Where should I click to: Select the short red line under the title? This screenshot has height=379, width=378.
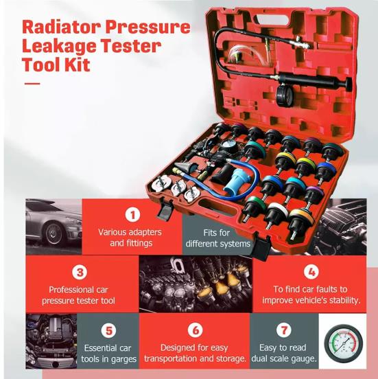(32, 84)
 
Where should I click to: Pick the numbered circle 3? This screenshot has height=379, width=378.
(82, 272)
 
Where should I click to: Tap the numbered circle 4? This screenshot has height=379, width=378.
(311, 272)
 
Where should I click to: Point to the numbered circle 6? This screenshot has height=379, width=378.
(196, 330)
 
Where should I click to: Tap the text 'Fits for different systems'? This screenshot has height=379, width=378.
(217, 238)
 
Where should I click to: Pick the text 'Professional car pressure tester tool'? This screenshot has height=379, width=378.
(82, 295)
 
